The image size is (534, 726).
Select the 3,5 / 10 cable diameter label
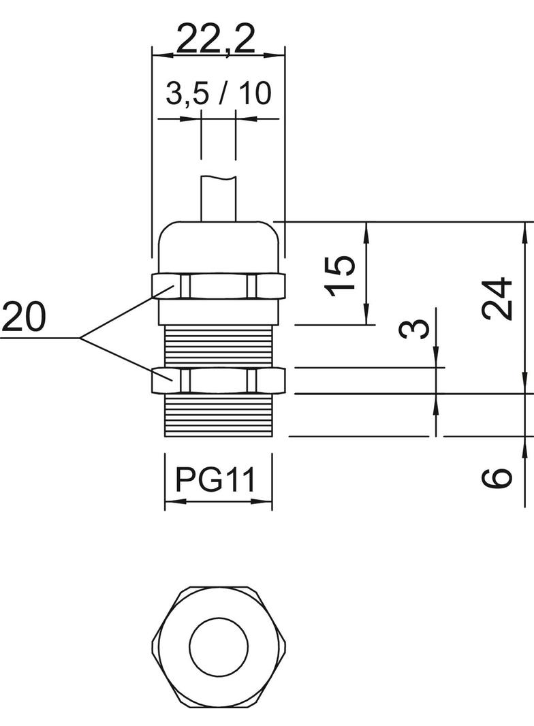(x=218, y=94)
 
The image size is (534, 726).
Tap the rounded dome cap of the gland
(x=218, y=245)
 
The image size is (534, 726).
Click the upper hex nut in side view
(x=218, y=286)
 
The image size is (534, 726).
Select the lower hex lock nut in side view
(x=218, y=380)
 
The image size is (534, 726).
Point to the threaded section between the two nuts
(x=218, y=346)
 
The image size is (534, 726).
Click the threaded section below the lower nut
(x=218, y=415)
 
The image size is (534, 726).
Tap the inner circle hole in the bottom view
(x=219, y=648)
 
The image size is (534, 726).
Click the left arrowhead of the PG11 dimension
(x=171, y=503)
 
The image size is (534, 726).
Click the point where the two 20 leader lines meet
(x=80, y=338)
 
